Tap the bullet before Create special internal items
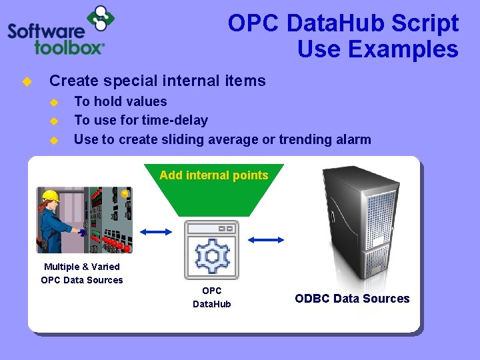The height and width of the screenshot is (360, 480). (27, 81)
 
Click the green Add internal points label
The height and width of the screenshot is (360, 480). (213, 176)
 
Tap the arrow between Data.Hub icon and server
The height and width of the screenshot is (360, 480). (265, 238)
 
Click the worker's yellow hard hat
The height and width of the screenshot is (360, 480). (51, 195)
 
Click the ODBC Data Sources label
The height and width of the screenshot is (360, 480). (352, 299)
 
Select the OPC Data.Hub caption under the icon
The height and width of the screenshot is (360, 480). (211, 297)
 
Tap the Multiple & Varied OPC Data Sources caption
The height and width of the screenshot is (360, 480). (82, 273)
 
